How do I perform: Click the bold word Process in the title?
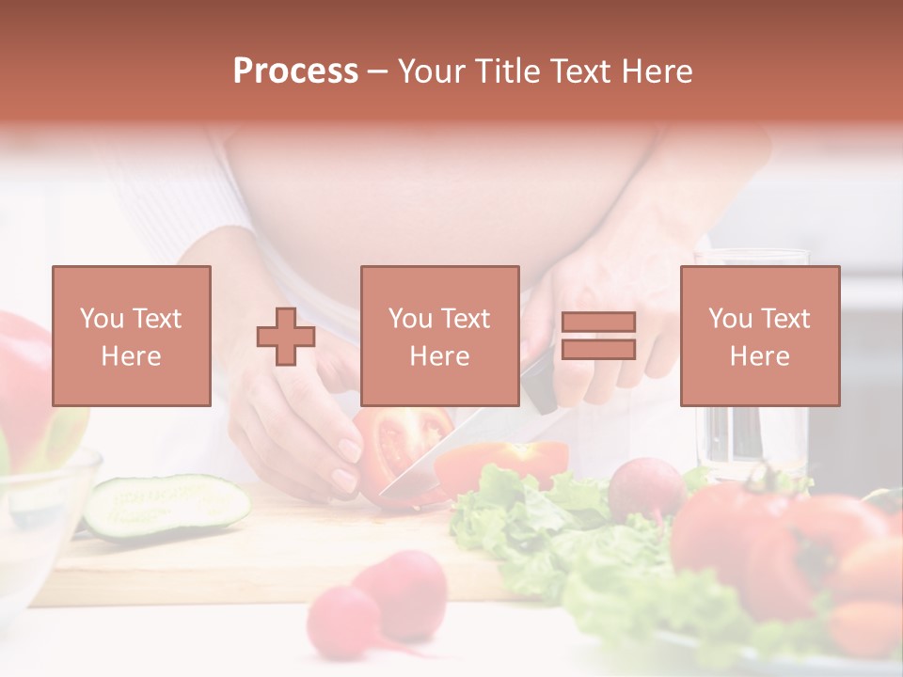pyautogui.click(x=295, y=71)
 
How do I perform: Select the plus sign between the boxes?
pyautogui.click(x=286, y=337)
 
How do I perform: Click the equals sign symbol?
pyautogui.click(x=598, y=336)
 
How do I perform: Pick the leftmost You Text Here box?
pyautogui.click(x=132, y=336)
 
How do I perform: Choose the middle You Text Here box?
pyautogui.click(x=439, y=336)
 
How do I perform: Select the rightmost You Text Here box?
pyautogui.click(x=759, y=336)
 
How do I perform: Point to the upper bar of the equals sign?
pyautogui.click(x=598, y=323)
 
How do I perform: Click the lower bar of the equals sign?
pyautogui.click(x=598, y=350)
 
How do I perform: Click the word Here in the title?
pyautogui.click(x=657, y=71)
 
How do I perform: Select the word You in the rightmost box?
pyautogui.click(x=728, y=319)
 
